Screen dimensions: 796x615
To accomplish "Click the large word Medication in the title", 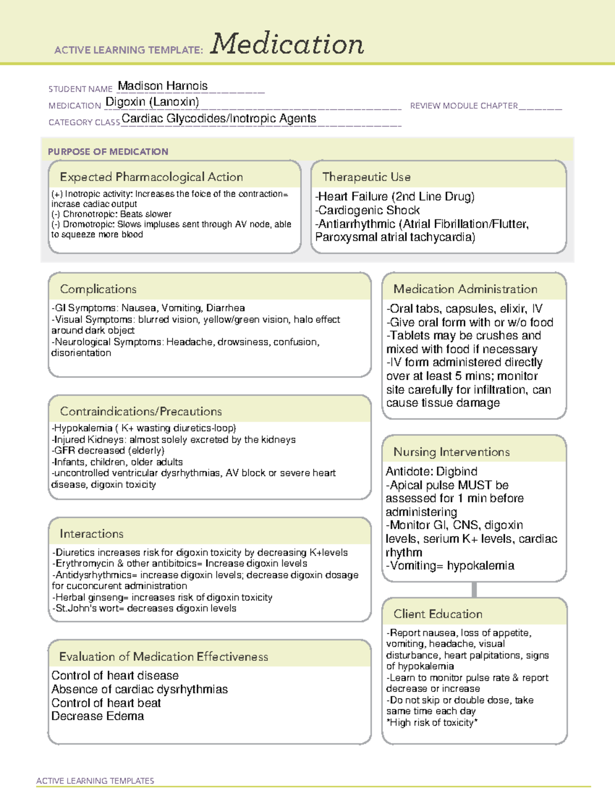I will [x=287, y=44].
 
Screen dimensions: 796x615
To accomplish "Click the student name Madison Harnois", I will [x=162, y=86].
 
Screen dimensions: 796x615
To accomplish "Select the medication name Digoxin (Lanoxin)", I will [x=152, y=102].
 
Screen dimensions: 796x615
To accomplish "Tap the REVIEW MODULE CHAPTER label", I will [x=463, y=106].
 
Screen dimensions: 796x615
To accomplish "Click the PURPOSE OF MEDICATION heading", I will [x=108, y=152].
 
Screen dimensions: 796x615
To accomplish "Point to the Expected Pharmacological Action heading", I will [x=151, y=177].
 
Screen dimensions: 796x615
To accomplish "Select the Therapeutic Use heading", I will [x=366, y=177].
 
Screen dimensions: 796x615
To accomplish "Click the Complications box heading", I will [x=98, y=289].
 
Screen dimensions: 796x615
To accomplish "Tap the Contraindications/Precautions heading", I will [x=140, y=411].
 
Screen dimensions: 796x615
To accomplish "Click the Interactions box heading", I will [x=91, y=534].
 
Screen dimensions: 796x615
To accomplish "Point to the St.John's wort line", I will [x=144, y=608].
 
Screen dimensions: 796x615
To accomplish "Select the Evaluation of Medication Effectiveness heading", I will [x=163, y=657].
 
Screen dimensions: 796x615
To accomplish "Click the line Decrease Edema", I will [x=97, y=716].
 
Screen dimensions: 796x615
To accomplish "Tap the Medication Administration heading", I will [x=465, y=289].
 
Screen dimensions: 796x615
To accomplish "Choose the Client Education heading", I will [x=438, y=614].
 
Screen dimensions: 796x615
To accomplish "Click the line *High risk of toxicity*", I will [x=432, y=723].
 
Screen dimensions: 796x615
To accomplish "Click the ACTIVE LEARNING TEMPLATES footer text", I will [x=95, y=781].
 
